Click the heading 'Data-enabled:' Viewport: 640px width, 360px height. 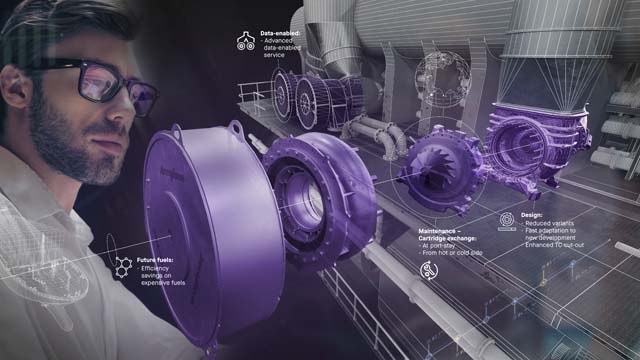point(282,33)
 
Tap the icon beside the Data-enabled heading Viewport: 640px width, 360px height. point(245,41)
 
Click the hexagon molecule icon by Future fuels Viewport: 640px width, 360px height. point(123,267)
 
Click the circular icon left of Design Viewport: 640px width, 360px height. point(506,219)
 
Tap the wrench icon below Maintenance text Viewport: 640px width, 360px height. point(429,269)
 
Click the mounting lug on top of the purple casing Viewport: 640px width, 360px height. point(236,128)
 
